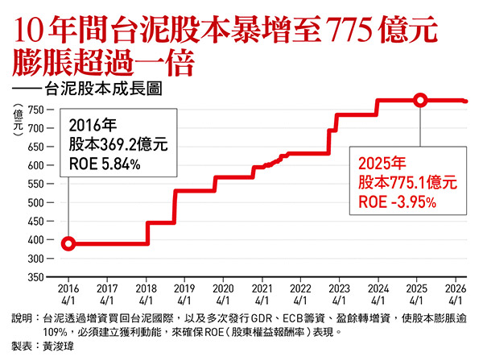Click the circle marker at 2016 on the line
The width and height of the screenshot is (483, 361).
(x=68, y=243)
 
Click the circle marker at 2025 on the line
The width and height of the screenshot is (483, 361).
(x=420, y=101)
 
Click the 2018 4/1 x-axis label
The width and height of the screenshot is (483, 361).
(x=147, y=293)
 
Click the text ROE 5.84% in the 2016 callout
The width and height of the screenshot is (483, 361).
(x=105, y=164)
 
